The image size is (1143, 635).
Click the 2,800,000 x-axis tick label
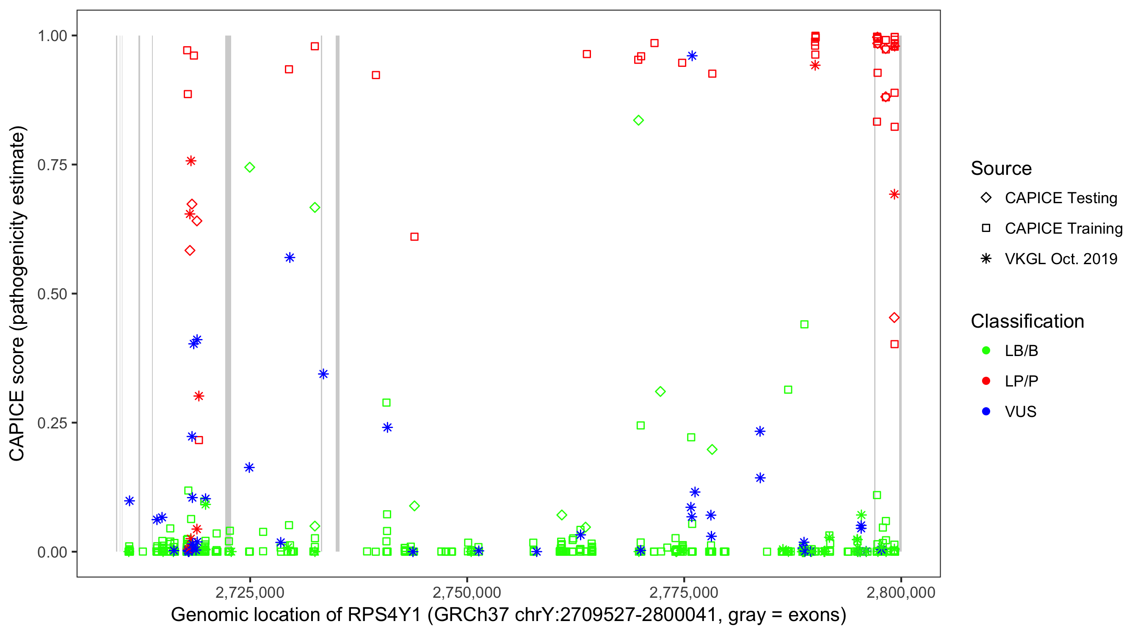(901, 592)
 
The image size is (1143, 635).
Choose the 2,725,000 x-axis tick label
(249, 592)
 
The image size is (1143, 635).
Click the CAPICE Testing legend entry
(1060, 198)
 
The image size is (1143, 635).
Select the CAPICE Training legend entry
(1063, 229)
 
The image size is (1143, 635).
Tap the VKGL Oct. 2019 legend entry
(1060, 259)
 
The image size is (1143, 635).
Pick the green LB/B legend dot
(986, 351)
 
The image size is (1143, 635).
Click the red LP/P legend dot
(986, 381)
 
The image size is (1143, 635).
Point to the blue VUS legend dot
(986, 411)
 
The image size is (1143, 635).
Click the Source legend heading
(1001, 168)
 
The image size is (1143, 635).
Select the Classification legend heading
(1027, 321)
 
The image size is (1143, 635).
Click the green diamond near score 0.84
(638, 120)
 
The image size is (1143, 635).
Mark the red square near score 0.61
(414, 237)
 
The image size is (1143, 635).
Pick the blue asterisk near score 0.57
(289, 258)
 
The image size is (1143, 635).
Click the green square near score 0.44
(804, 324)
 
